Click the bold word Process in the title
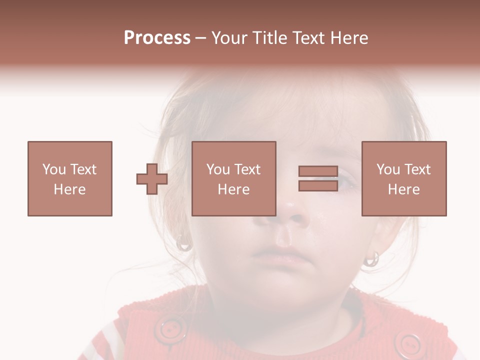(x=157, y=38)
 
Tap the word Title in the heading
(x=270, y=38)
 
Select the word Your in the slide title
(x=230, y=38)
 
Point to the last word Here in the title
(x=349, y=38)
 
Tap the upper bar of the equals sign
(x=318, y=171)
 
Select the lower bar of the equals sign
(x=318, y=186)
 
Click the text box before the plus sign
(x=70, y=178)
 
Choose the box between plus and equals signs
(x=234, y=178)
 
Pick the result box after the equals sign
(x=404, y=178)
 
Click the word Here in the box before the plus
(x=70, y=189)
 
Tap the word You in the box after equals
(x=388, y=169)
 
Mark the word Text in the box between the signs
(x=247, y=169)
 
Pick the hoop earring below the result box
(x=372, y=259)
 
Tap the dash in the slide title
(x=200, y=38)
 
